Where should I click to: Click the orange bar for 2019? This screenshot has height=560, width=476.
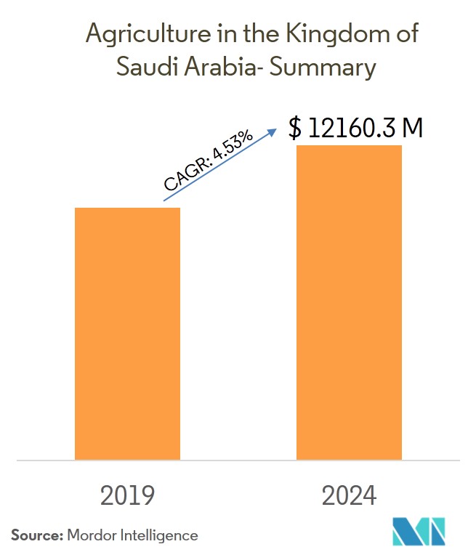127,333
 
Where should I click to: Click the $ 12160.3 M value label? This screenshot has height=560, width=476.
355,128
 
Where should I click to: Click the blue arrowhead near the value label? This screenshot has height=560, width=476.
273,131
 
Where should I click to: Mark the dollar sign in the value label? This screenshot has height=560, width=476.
294,128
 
